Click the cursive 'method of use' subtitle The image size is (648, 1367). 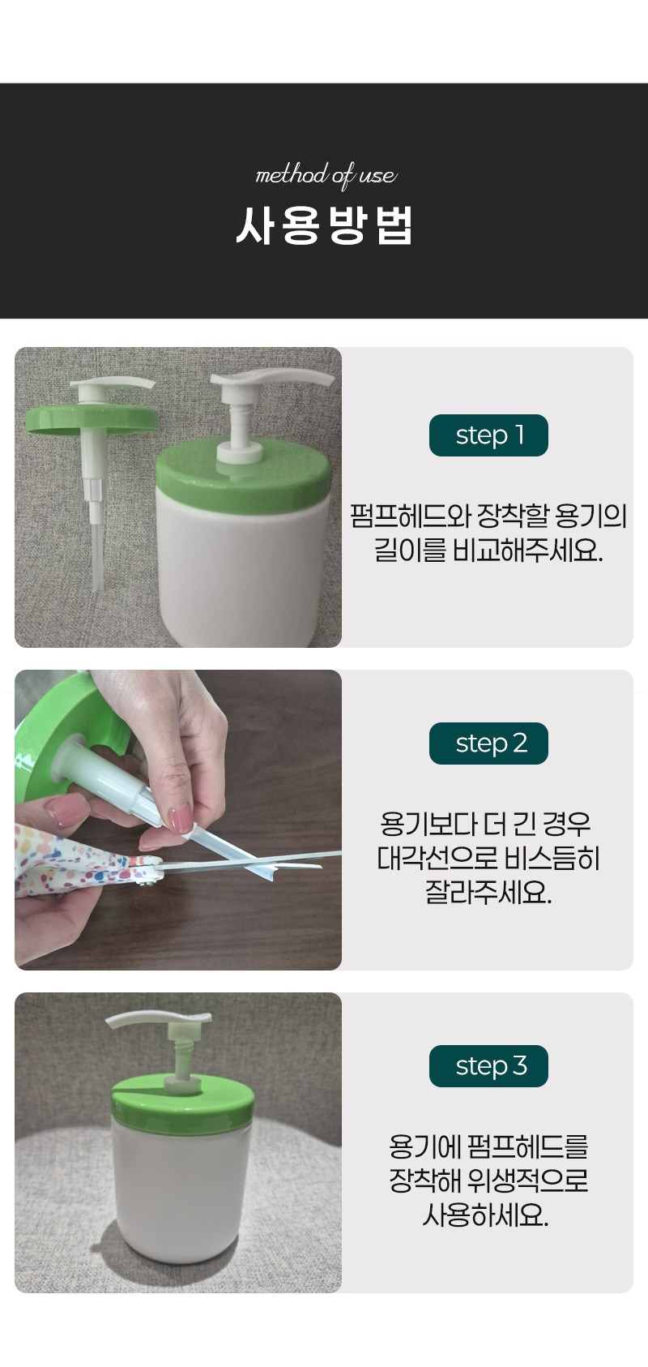[326, 176]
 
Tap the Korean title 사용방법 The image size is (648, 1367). [324, 225]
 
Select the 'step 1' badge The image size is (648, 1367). [489, 435]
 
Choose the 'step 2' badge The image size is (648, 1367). [489, 743]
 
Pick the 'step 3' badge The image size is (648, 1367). [489, 1066]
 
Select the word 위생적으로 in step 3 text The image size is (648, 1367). [528, 1181]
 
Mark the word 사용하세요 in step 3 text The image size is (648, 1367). [486, 1215]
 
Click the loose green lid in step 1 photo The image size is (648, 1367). [92, 418]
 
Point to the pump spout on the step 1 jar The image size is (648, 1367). [272, 379]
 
